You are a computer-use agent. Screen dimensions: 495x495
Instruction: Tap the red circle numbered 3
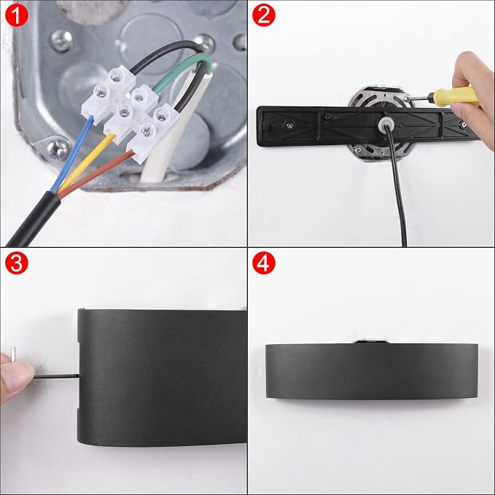click(17, 262)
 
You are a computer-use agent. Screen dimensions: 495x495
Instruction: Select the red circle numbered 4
click(264, 262)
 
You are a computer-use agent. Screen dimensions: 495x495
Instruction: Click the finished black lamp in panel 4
click(372, 371)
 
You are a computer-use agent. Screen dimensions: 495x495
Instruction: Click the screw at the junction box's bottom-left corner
click(56, 149)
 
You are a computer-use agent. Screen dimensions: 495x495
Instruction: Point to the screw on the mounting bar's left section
click(289, 125)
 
